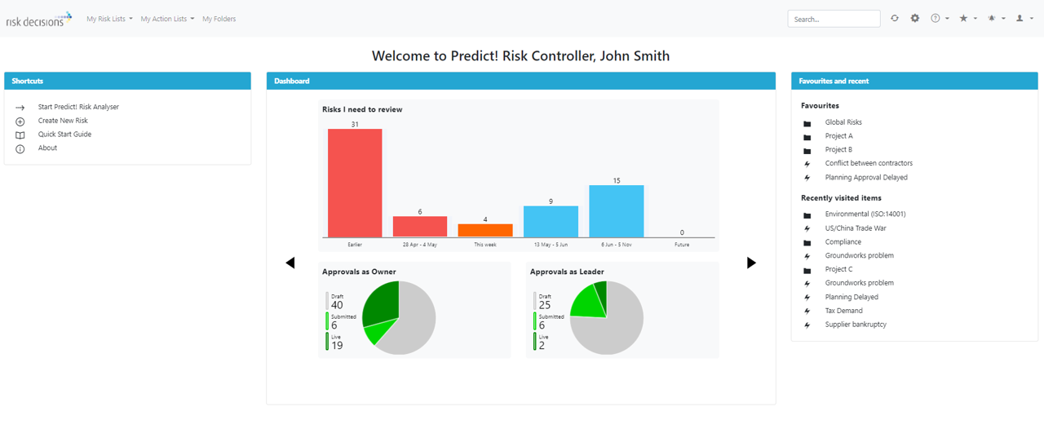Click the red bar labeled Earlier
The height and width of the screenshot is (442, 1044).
coord(355,183)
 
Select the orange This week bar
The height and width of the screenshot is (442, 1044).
coord(485,230)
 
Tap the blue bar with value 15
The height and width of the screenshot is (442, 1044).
coord(617,211)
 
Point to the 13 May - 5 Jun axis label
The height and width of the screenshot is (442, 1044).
coord(551,245)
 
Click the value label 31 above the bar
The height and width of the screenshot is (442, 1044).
coord(355,125)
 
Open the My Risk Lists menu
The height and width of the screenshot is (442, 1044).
coord(109,19)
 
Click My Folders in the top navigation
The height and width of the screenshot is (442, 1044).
coord(219,19)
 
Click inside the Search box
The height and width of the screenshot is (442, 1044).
coord(833,19)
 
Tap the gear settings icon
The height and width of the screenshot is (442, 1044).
coord(915,18)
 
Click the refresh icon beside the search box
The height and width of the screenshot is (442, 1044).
coord(895,18)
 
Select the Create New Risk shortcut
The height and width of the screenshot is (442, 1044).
coord(63,121)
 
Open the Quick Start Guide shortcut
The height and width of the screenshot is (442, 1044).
coord(64,135)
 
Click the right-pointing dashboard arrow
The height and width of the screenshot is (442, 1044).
coord(751,263)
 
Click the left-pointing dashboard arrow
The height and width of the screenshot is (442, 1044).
coord(290,263)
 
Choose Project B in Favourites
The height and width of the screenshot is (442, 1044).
coord(838,150)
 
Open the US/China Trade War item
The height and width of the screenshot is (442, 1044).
coord(855,228)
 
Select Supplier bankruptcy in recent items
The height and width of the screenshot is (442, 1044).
coord(856,325)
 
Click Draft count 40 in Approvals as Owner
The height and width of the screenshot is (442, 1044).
coord(337,306)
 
